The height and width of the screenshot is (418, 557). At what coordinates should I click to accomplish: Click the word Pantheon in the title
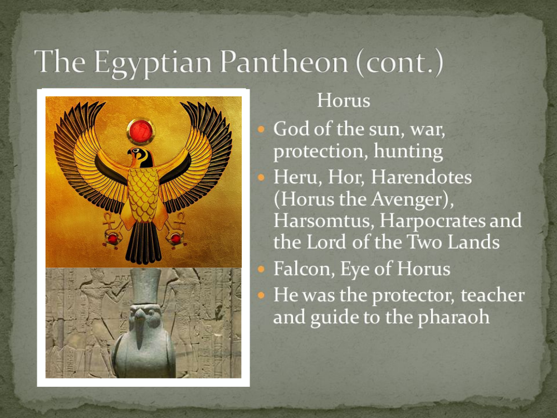tap(284, 61)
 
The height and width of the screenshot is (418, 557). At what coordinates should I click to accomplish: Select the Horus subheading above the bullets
tap(344, 100)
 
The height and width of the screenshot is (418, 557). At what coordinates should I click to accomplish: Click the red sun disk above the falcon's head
tap(141, 131)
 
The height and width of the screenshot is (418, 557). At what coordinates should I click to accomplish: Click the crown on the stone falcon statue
tap(145, 286)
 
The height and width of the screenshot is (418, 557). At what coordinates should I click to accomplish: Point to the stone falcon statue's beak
tap(140, 330)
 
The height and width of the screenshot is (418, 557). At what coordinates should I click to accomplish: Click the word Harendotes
tap(421, 177)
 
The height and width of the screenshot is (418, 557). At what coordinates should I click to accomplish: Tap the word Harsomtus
tap(324, 221)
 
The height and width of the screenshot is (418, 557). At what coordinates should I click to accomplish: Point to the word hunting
tap(408, 152)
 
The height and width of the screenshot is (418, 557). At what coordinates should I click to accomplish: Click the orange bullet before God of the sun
tap(261, 129)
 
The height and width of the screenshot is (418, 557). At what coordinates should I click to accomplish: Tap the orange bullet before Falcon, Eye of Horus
tap(261, 269)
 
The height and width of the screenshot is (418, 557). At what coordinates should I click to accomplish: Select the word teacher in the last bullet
tap(493, 295)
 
